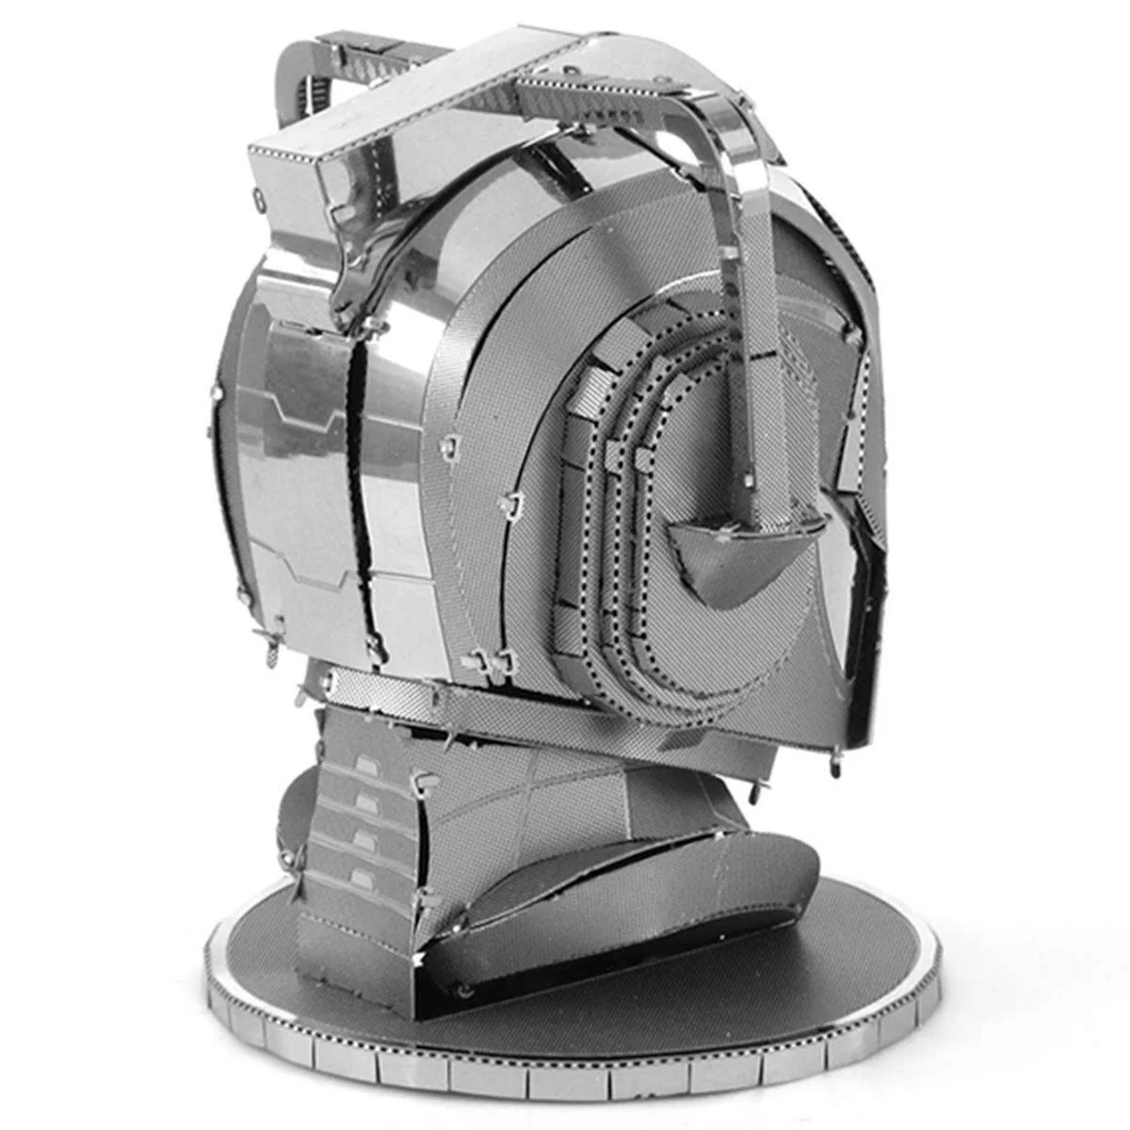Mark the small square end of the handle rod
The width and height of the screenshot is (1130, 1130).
pos(750,480)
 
